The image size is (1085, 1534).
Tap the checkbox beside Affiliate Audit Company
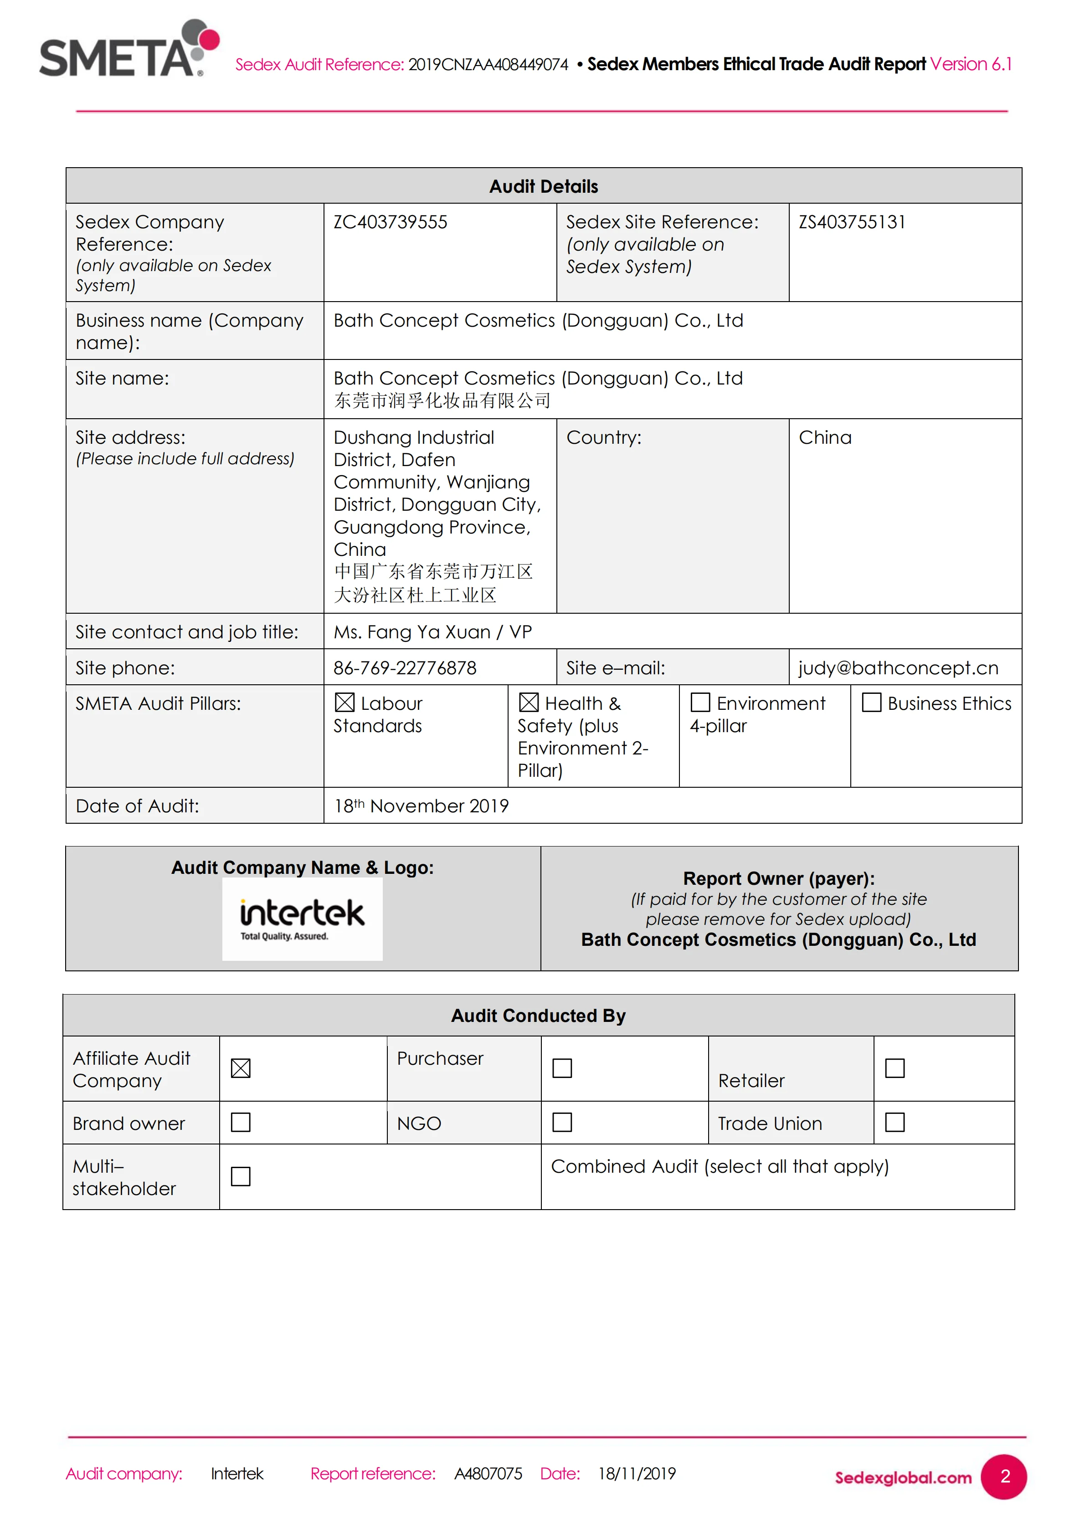click(241, 1068)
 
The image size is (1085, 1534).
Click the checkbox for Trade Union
click(895, 1123)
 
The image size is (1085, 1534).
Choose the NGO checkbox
click(562, 1123)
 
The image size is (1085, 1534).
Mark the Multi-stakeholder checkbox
click(241, 1176)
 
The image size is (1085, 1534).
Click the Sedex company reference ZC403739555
click(390, 222)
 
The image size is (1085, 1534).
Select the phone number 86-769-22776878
click(405, 668)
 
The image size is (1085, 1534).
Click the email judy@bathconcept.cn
click(898, 668)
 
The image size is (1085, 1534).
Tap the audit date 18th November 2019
click(421, 806)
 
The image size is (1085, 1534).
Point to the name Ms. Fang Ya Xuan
click(411, 632)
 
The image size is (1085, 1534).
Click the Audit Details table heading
click(543, 186)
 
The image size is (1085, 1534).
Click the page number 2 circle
click(1003, 1477)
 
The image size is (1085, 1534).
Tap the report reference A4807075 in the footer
click(488, 1474)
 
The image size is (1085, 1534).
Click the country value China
click(825, 438)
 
